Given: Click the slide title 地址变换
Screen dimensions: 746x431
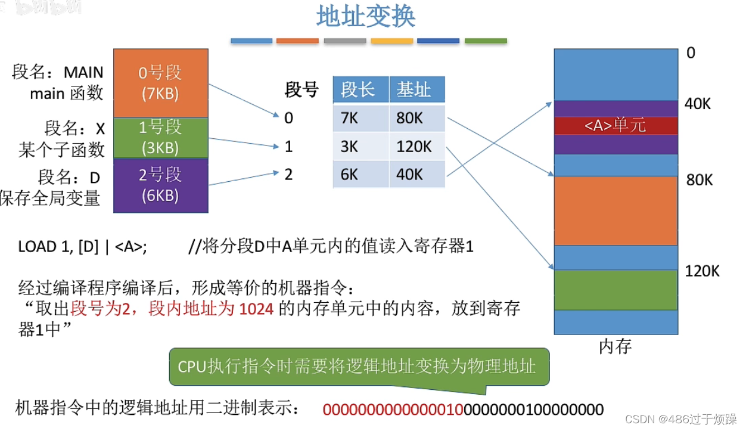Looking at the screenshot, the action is coord(365,18).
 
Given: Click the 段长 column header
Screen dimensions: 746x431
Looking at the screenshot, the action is coord(358,91).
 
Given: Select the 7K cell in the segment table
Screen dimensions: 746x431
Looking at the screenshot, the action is coord(350,118).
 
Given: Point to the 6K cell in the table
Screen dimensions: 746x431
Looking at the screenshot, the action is coord(350,175).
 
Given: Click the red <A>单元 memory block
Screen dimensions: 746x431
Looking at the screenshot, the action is coord(616,126).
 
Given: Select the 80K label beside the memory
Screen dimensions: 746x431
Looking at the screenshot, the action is coord(699,180).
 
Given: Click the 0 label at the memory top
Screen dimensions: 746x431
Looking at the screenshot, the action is coord(691,53).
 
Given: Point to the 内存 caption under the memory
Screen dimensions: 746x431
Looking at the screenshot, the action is coord(615,346).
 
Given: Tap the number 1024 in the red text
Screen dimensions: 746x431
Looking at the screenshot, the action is coord(256,309).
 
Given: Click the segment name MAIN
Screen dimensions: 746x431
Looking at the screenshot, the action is coord(83,73).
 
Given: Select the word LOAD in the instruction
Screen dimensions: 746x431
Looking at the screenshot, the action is coord(36,247).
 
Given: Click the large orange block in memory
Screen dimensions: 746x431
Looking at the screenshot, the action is coord(616,210).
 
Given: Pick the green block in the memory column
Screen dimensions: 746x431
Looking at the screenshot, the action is coord(616,290).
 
